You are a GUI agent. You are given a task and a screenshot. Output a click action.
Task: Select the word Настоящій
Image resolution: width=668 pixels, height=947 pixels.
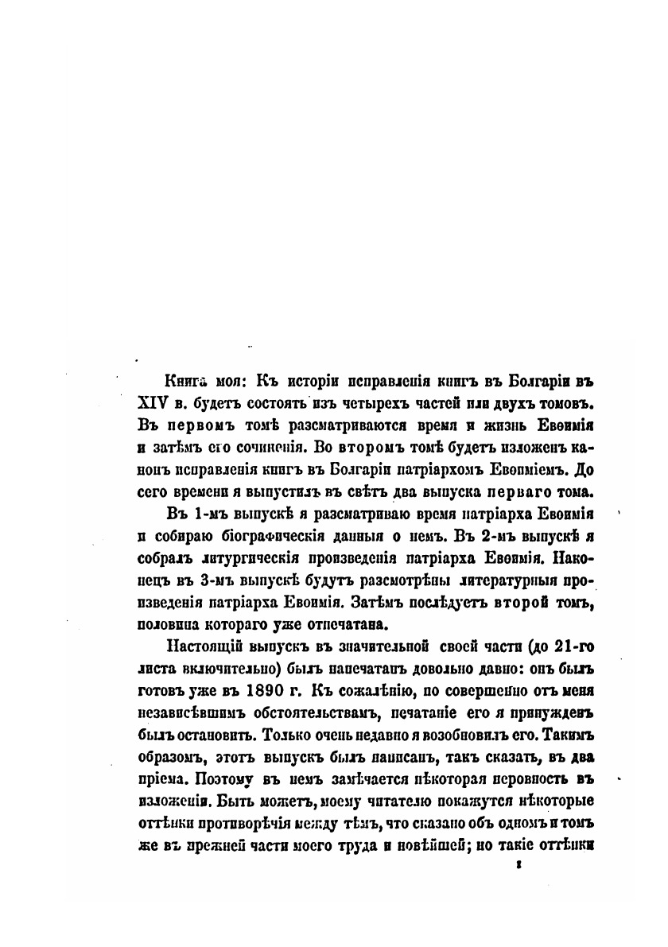click(x=200, y=643)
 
